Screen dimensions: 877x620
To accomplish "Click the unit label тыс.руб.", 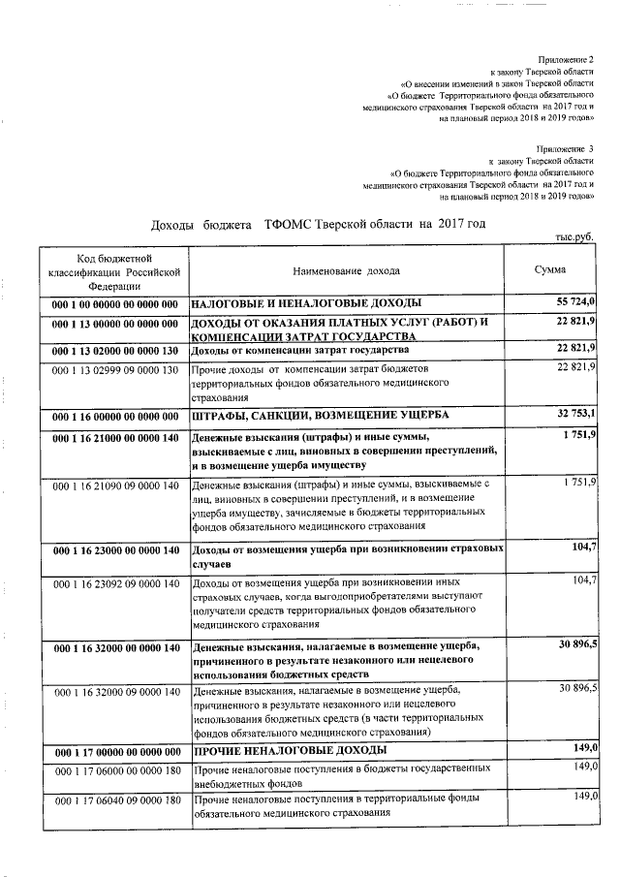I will pyautogui.click(x=573, y=236).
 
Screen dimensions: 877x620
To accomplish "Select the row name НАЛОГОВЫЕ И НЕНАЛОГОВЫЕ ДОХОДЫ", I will pyautogui.click(x=306, y=304).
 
